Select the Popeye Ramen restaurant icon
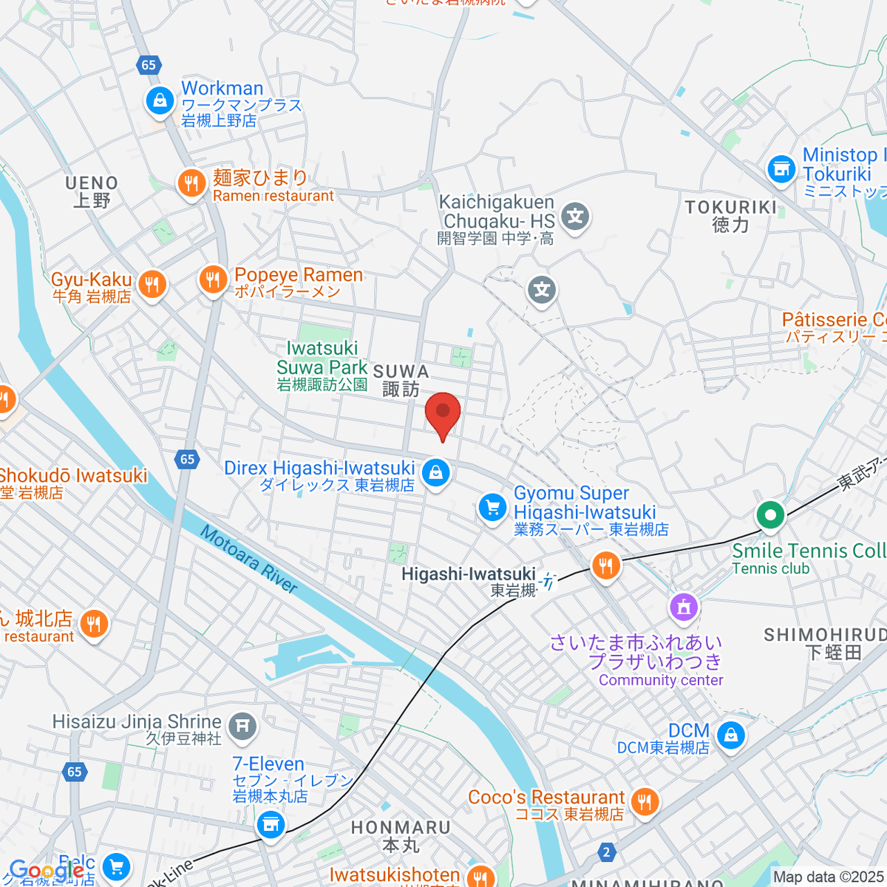click(213, 280)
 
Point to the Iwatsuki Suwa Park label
click(322, 366)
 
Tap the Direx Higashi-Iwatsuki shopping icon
click(435, 472)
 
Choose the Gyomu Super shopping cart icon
click(492, 508)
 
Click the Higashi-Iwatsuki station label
click(468, 575)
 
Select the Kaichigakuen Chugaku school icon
click(574, 217)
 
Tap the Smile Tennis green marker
click(770, 514)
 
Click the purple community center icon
click(684, 607)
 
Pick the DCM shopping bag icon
click(730, 735)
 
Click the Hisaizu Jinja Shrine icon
click(242, 726)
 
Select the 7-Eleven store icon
click(271, 823)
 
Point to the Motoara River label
click(249, 560)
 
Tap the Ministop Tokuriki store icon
click(781, 169)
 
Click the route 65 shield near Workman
click(149, 65)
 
